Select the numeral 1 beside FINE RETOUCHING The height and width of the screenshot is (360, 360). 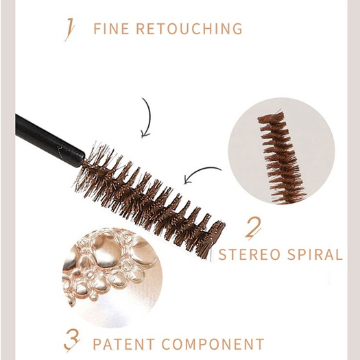click(70, 29)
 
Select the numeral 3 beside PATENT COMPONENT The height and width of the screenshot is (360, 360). click(71, 341)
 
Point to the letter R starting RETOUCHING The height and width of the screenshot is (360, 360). click(142, 29)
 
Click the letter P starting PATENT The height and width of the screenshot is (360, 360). click(97, 344)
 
